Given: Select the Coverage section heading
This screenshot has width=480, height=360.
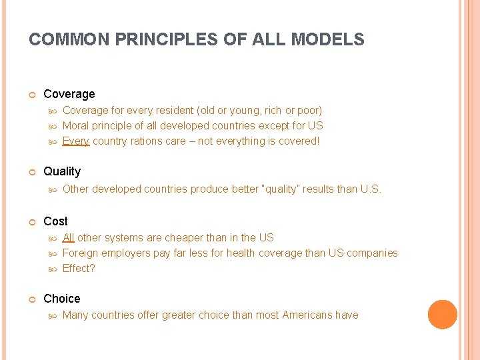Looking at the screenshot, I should [69, 94].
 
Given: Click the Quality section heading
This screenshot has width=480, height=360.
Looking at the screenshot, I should [61, 171].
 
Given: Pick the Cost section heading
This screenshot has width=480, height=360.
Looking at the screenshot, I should [55, 221].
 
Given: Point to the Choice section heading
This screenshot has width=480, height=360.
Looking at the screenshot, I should [61, 299].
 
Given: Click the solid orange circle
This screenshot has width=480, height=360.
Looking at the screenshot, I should [443, 315].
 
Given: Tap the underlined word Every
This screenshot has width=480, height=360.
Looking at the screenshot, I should [75, 141].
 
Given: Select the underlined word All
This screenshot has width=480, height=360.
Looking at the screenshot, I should [68, 237].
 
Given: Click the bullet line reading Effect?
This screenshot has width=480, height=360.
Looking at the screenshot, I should [79, 268].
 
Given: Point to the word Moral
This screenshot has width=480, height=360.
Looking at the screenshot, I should [75, 125].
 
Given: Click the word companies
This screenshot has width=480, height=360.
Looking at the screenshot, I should [371, 253].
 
